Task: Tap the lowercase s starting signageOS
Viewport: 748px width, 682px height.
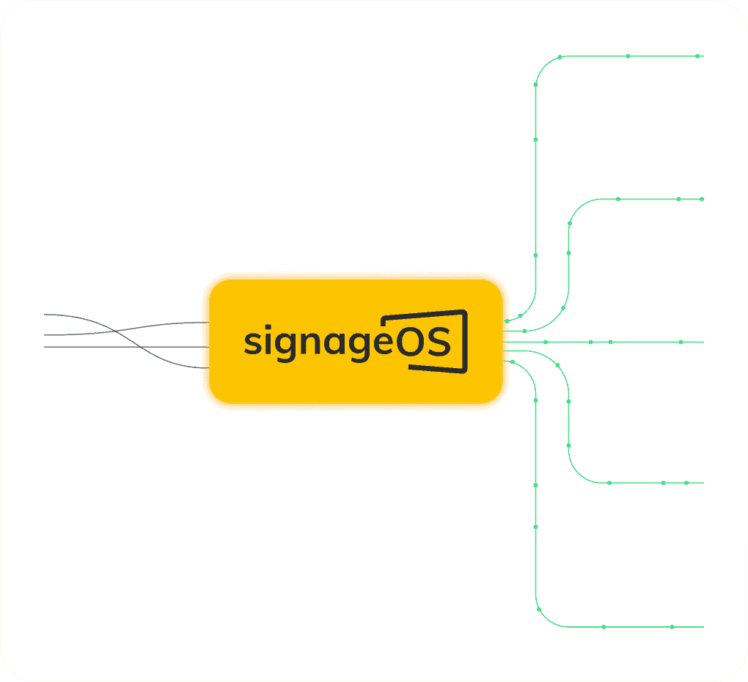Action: [x=252, y=343]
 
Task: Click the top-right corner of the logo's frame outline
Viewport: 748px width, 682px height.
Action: [x=465, y=312]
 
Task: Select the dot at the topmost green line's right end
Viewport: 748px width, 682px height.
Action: [x=697, y=56]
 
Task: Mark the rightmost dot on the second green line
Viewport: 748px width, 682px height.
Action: [x=702, y=199]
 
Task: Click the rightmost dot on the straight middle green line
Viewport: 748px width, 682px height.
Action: [x=681, y=342]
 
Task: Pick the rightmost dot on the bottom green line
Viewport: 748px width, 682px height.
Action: [x=672, y=627]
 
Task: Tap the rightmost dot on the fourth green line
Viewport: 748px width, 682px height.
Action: [x=686, y=483]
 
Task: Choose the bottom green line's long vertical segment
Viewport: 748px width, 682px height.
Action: [x=536, y=506]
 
